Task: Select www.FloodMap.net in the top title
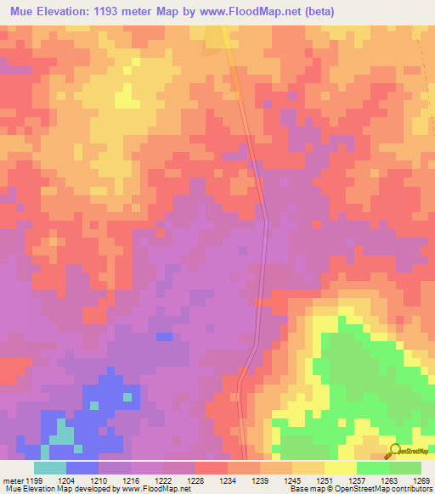tap(256, 12)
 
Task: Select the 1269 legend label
tap(421, 480)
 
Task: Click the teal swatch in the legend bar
tap(50, 468)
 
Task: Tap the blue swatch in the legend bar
tap(82, 468)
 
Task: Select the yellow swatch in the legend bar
tap(340, 468)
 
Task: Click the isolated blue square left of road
tap(164, 337)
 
